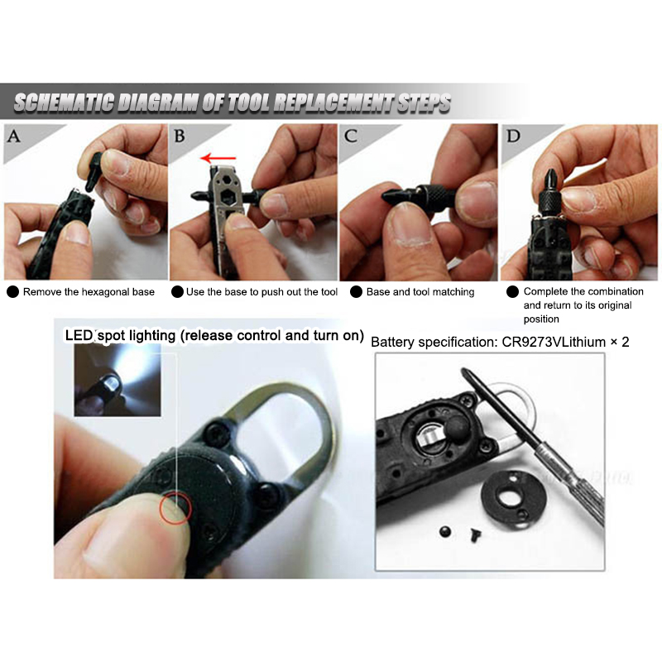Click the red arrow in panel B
point(218,159)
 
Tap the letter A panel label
point(14,137)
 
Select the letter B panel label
point(180,136)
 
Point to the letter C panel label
point(350,136)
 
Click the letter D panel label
point(513,136)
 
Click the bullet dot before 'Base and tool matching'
point(357,292)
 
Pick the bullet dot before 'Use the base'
point(177,292)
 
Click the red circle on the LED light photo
point(175,508)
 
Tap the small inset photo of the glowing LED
point(118,380)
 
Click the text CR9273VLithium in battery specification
point(554,342)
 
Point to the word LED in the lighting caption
point(79,335)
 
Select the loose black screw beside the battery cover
point(474,536)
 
